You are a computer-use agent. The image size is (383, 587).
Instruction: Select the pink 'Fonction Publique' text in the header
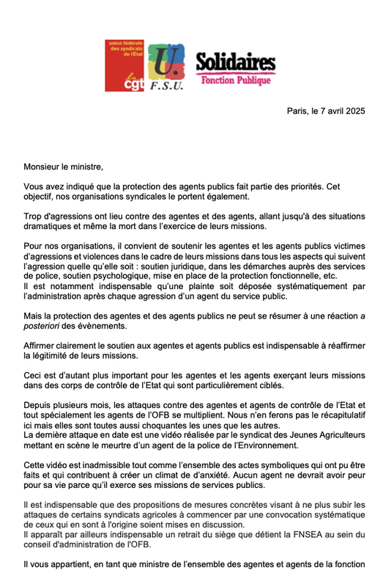click(x=236, y=79)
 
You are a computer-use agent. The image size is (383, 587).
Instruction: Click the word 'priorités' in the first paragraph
click(x=321, y=188)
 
